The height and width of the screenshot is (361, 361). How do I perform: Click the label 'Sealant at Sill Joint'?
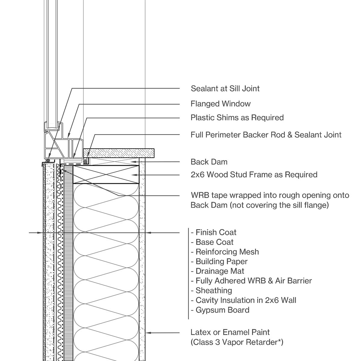[x=225, y=88]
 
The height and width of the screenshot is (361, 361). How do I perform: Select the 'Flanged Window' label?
[x=221, y=104]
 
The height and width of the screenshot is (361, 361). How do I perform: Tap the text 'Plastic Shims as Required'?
[x=237, y=117]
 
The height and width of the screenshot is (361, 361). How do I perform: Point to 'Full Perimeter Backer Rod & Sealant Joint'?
[x=266, y=134]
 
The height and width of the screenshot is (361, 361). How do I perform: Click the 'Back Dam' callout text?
[x=209, y=162]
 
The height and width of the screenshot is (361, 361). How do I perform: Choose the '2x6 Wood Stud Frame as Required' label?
[x=254, y=174]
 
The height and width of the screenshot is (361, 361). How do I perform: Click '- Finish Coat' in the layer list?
[x=214, y=232]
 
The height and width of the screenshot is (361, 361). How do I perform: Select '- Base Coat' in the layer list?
[x=212, y=242]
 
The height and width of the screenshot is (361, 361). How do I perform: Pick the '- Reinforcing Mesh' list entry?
[x=225, y=252]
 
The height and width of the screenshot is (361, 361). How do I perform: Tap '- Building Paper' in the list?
[x=219, y=261]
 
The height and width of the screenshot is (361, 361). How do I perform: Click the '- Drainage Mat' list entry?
[x=218, y=271]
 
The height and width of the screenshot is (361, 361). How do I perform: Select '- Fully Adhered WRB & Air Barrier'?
[x=251, y=281]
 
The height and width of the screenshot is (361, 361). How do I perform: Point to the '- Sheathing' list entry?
[x=211, y=291]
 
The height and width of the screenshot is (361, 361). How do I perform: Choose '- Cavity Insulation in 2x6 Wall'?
[x=243, y=300]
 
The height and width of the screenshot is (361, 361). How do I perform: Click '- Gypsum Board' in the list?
[x=220, y=310]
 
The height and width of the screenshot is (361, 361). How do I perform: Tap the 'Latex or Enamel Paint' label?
[x=230, y=332]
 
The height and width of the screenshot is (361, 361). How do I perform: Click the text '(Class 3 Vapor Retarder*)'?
[x=237, y=342]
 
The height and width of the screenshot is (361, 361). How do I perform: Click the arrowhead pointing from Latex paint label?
[x=147, y=333]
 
